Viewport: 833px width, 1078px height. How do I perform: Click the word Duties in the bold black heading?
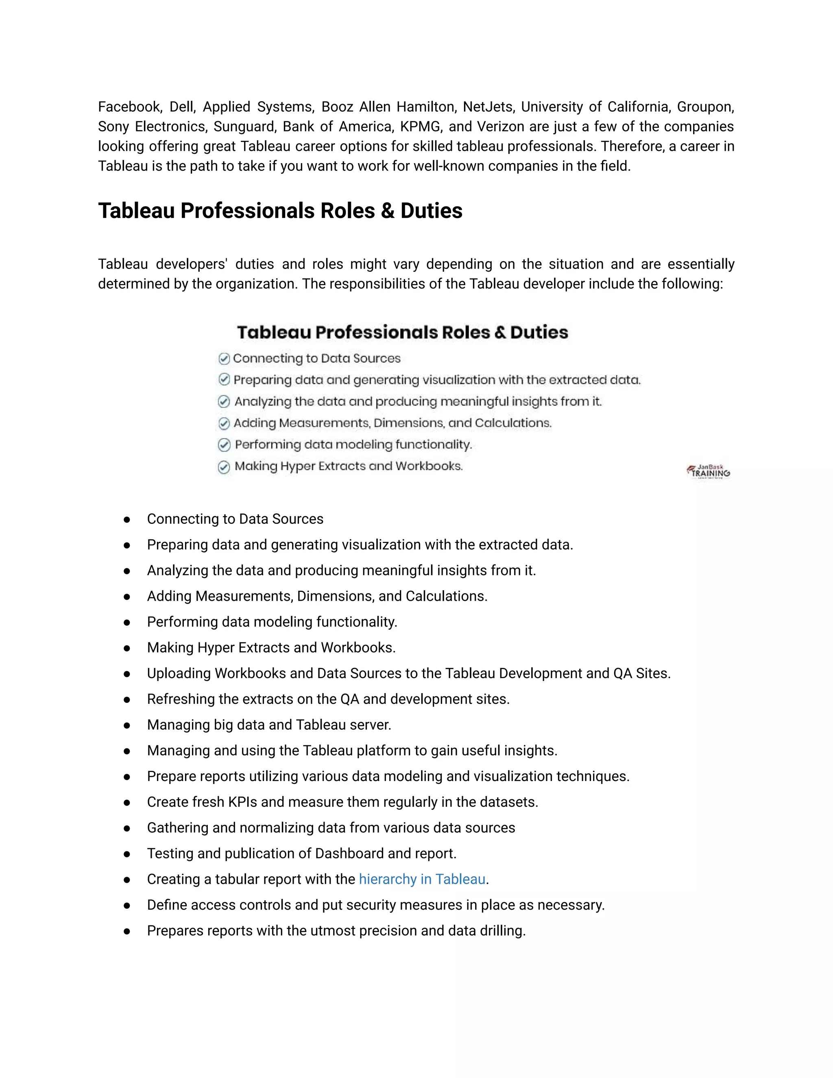(x=431, y=211)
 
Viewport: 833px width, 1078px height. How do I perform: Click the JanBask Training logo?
(x=708, y=472)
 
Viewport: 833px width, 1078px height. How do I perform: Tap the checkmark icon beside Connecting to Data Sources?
(x=224, y=358)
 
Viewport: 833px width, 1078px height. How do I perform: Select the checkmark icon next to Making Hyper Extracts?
(x=224, y=467)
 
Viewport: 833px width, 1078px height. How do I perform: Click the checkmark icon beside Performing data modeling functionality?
(x=224, y=445)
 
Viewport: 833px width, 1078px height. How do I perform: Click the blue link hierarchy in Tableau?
(x=422, y=879)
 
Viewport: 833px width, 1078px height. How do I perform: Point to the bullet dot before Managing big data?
(x=127, y=725)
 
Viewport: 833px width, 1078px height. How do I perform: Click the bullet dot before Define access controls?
(x=127, y=905)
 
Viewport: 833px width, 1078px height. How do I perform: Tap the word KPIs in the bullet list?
(x=242, y=802)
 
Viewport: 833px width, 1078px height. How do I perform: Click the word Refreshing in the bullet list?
(x=181, y=699)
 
